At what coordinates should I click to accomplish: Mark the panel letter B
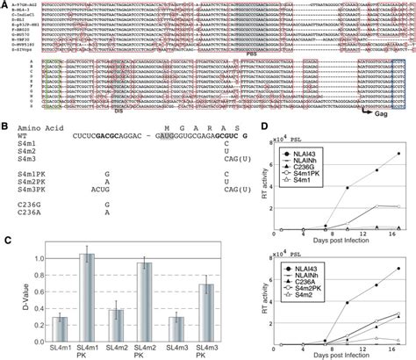(x=6, y=126)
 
